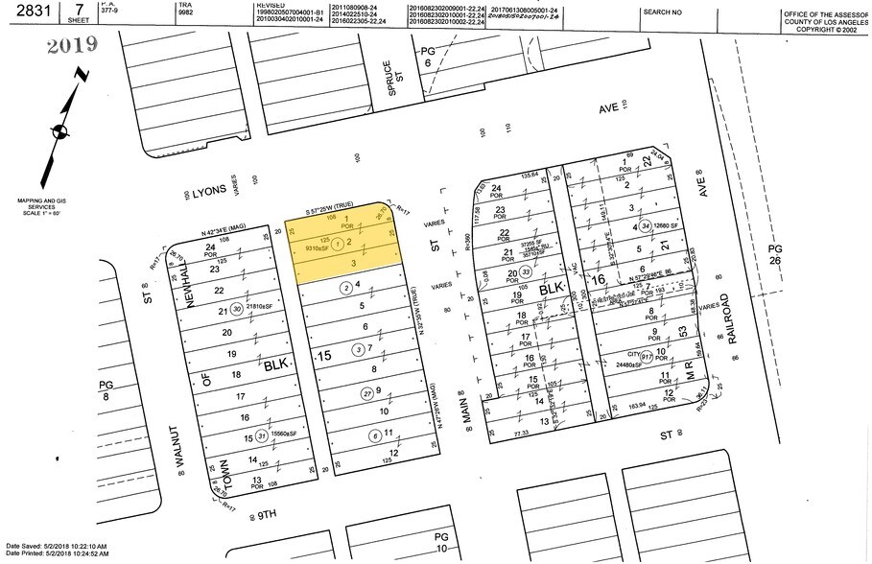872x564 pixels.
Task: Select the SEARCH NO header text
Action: point(663,12)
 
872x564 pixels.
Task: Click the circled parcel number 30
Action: point(237,309)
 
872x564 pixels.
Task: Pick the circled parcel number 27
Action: point(340,393)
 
